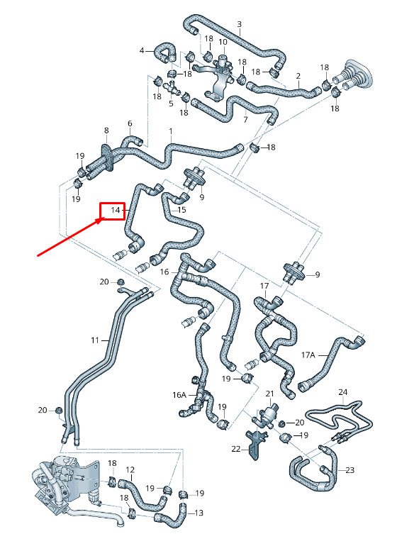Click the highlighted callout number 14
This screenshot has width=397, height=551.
116,210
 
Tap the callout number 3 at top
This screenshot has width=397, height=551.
239,24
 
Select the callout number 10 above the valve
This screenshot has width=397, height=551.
223,42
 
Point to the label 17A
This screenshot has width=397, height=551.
308,355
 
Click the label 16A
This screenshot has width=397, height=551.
179,395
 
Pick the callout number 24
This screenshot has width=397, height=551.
343,392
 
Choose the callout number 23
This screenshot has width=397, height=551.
350,470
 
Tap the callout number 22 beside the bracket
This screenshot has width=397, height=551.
236,449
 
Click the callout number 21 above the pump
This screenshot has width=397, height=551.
269,394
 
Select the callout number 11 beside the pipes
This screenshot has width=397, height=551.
95,340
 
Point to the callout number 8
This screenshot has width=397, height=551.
106,130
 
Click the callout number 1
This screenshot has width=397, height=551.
171,131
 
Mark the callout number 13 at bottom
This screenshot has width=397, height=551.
198,513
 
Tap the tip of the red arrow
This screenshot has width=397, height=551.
105,217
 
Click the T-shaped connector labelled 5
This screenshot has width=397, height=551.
172,88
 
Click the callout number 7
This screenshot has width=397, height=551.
245,119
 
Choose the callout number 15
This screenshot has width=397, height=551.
181,210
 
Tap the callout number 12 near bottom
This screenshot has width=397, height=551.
130,470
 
